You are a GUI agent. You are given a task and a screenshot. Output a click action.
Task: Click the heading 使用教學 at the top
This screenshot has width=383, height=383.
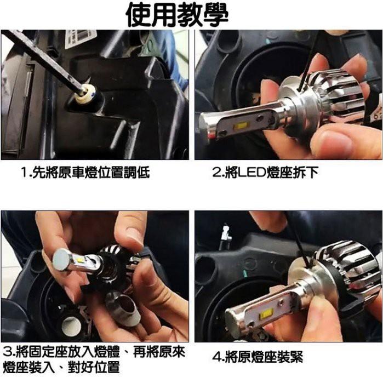176,15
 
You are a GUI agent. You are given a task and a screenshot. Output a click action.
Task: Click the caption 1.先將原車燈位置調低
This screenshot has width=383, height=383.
85,173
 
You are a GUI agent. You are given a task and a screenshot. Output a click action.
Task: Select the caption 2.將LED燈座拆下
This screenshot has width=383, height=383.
265,173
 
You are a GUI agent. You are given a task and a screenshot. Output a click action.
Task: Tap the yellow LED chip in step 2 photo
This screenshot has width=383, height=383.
241,125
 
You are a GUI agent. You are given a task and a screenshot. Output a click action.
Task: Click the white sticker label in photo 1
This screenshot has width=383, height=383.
81,38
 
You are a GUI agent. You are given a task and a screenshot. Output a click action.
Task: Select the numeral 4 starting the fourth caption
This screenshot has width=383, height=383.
216,357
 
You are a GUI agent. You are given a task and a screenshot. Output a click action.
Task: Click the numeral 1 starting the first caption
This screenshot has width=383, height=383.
24,174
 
